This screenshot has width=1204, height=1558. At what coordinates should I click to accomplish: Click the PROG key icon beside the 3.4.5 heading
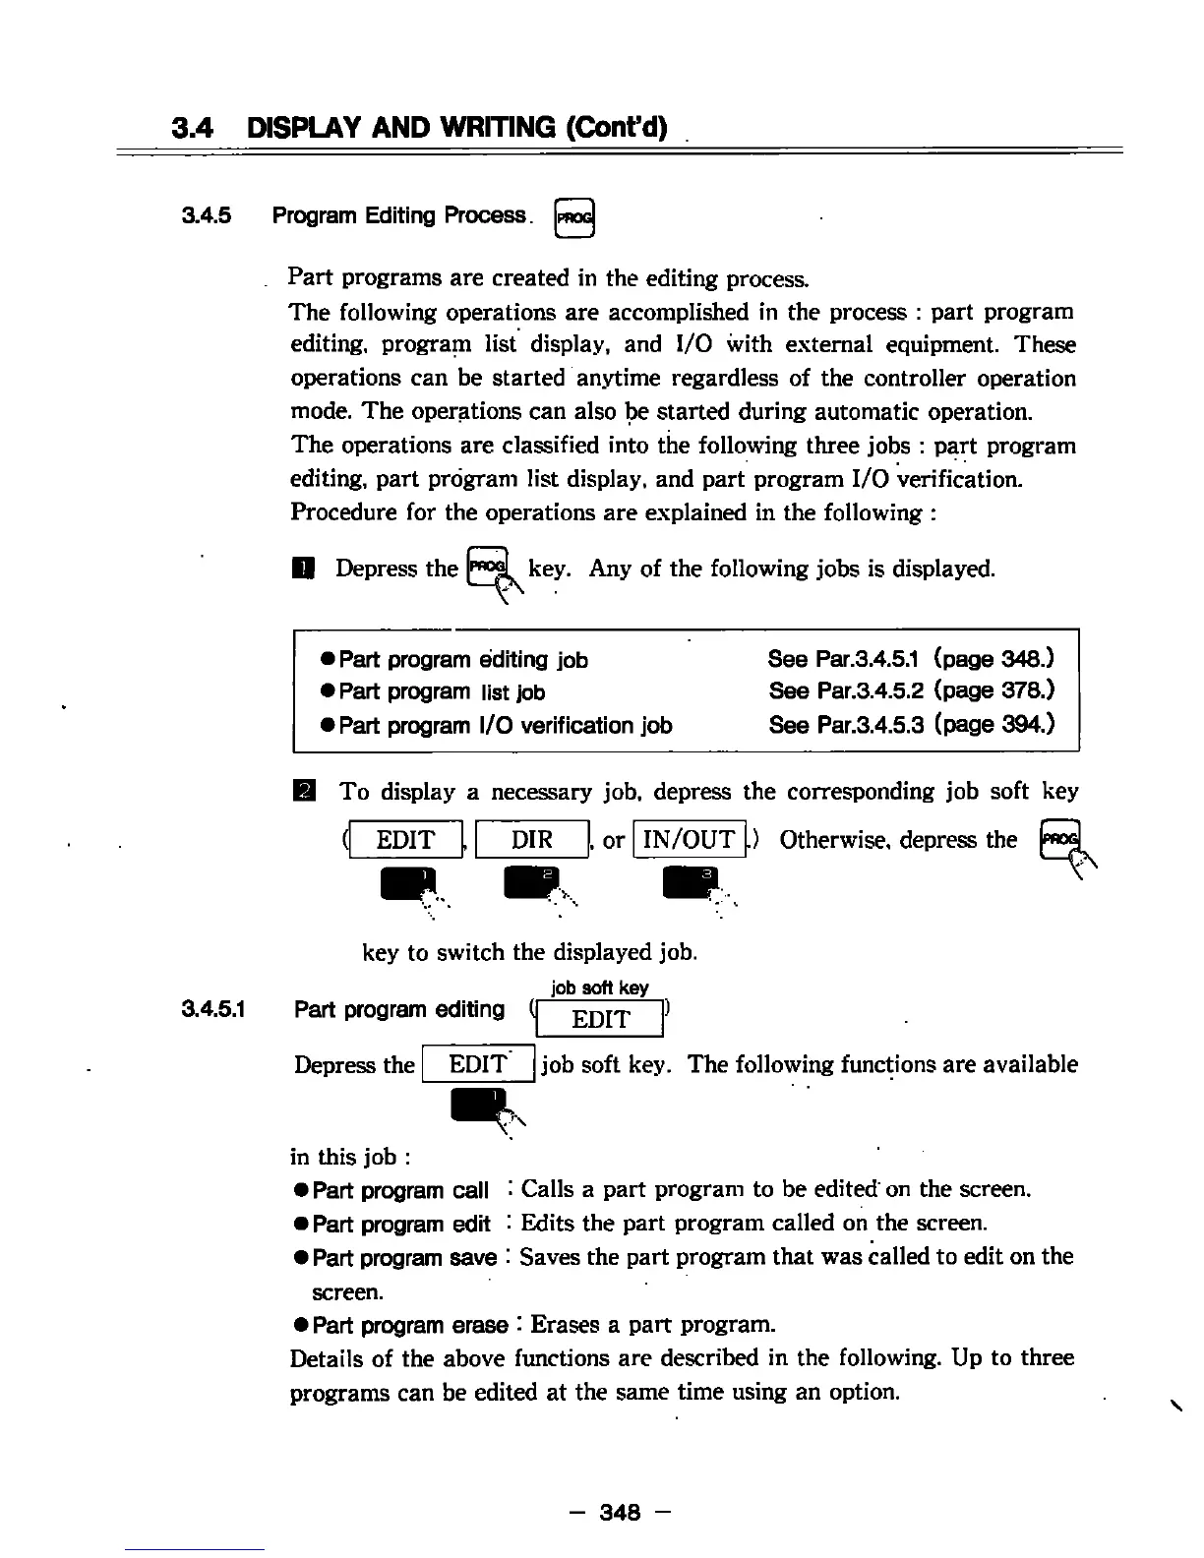[575, 217]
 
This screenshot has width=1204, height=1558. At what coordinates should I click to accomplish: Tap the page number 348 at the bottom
[620, 1512]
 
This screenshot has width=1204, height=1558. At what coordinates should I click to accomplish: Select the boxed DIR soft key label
[532, 840]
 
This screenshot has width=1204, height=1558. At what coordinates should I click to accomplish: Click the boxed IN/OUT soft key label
[689, 840]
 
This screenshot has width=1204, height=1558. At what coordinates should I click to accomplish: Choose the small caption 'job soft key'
[599, 988]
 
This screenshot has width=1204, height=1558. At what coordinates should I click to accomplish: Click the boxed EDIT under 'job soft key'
[599, 1019]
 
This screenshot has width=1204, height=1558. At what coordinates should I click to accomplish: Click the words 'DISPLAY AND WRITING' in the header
[456, 128]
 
